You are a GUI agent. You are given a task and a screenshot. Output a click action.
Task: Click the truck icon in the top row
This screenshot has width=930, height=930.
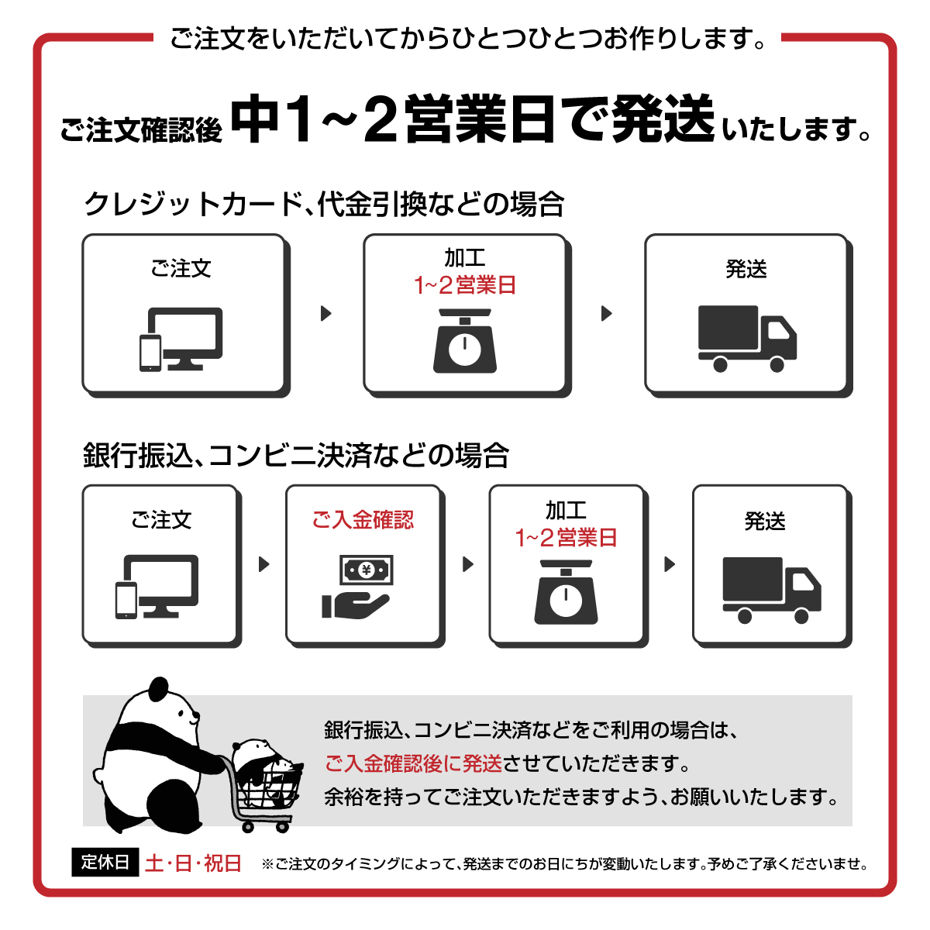pos(746,338)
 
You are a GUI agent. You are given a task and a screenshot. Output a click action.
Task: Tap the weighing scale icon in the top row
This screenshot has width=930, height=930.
pos(464,341)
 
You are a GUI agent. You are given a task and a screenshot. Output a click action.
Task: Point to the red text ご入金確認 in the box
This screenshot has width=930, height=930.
pos(363,519)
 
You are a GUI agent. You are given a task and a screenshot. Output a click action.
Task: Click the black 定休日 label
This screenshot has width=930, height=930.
pos(105,862)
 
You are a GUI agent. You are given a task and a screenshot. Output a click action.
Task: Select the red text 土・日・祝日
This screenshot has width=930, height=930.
pos(193,863)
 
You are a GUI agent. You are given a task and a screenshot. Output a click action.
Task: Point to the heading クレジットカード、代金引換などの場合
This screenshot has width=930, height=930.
pos(324,205)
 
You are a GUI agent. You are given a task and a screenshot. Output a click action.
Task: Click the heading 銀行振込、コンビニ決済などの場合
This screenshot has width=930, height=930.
pos(296,456)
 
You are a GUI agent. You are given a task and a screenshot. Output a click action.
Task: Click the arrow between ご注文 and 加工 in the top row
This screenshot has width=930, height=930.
pos(326,313)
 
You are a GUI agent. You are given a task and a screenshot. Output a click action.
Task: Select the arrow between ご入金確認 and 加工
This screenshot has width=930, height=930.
pos(467,564)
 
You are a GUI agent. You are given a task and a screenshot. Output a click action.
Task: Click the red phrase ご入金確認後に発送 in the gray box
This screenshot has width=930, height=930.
pos(413,763)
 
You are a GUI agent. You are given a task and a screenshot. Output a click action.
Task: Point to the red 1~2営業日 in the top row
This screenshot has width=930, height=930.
pos(464,285)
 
